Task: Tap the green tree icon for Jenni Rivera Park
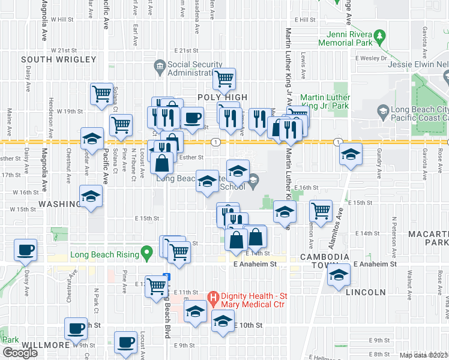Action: coord(379,38)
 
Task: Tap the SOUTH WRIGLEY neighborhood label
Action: coord(58,59)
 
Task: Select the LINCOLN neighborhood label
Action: coord(366,292)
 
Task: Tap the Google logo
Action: coord(20,353)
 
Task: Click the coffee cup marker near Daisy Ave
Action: coord(26,250)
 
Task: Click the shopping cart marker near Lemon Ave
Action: coord(321,211)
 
